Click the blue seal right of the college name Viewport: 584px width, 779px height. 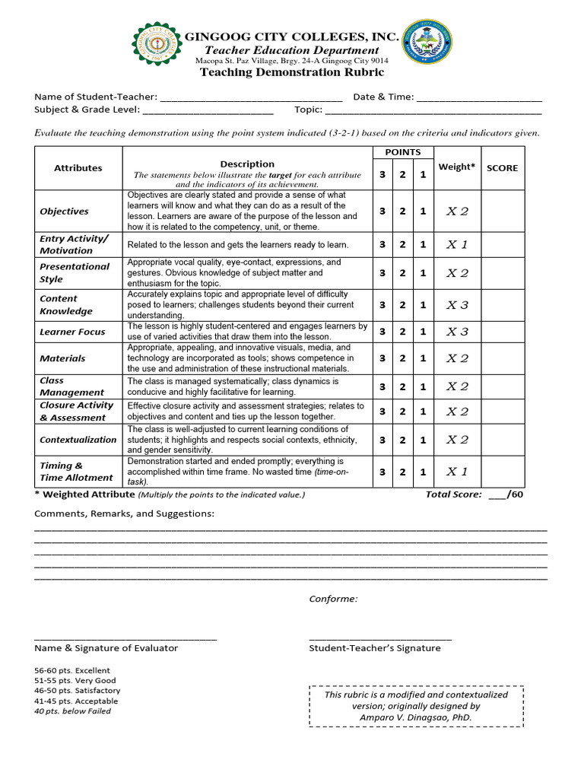click(x=426, y=43)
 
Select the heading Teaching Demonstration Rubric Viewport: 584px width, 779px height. click(x=292, y=72)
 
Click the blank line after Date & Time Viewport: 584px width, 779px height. click(x=479, y=98)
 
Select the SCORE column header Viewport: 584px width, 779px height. click(x=502, y=168)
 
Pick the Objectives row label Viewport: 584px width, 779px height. click(x=65, y=211)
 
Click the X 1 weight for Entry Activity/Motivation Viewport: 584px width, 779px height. click(x=457, y=245)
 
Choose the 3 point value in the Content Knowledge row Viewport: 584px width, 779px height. click(x=382, y=305)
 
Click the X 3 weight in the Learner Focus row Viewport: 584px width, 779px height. click(x=457, y=332)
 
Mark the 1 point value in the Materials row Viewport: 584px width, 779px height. click(x=423, y=358)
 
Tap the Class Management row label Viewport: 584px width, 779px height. click(x=72, y=386)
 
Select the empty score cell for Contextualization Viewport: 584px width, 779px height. click(x=502, y=440)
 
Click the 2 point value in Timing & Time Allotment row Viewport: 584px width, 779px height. click(x=403, y=472)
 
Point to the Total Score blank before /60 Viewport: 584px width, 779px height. click(x=497, y=495)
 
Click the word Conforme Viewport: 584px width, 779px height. click(x=333, y=599)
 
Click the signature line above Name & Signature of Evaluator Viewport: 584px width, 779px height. click(x=125, y=638)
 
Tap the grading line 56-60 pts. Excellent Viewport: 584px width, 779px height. click(x=72, y=671)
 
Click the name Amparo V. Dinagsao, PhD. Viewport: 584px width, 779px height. click(x=415, y=717)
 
